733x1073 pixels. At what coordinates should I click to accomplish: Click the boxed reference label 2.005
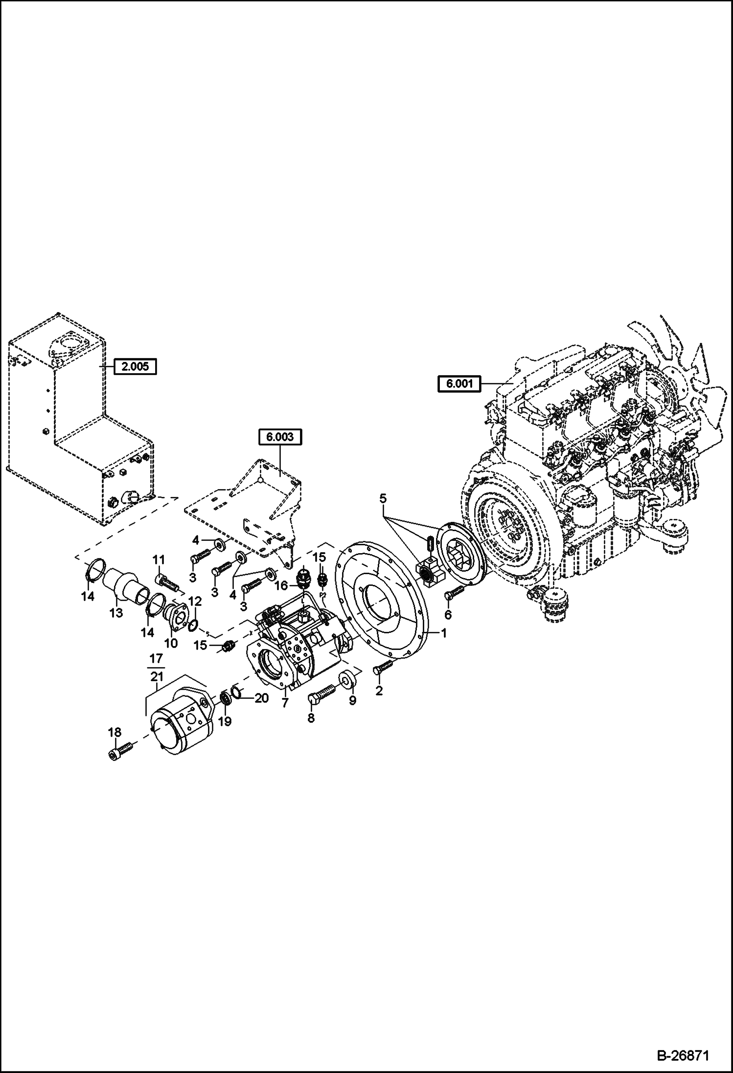tap(135, 366)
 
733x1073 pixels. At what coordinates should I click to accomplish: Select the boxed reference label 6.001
tap(459, 384)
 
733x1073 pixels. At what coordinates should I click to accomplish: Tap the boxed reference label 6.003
tap(280, 437)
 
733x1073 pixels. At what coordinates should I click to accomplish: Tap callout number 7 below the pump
tap(285, 703)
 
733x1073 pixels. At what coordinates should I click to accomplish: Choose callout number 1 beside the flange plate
tap(443, 633)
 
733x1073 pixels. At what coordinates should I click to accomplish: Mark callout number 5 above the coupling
tap(383, 499)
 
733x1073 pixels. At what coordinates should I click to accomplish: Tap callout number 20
tap(261, 698)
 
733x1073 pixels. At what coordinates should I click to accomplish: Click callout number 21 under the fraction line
tap(157, 676)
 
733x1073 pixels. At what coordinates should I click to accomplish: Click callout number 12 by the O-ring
tap(195, 601)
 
